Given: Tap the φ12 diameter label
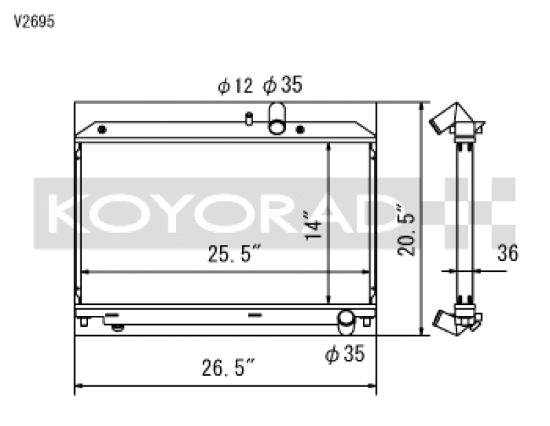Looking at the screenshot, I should coord(235,86).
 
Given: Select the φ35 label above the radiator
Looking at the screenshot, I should coord(282,86).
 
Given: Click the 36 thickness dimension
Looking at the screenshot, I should coord(507,253).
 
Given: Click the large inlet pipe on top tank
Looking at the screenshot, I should coord(278,118).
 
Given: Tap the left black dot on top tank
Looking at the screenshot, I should coord(102,130).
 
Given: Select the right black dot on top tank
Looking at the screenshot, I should coord(299,129).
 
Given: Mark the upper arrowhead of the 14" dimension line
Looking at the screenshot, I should coord(330,147).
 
